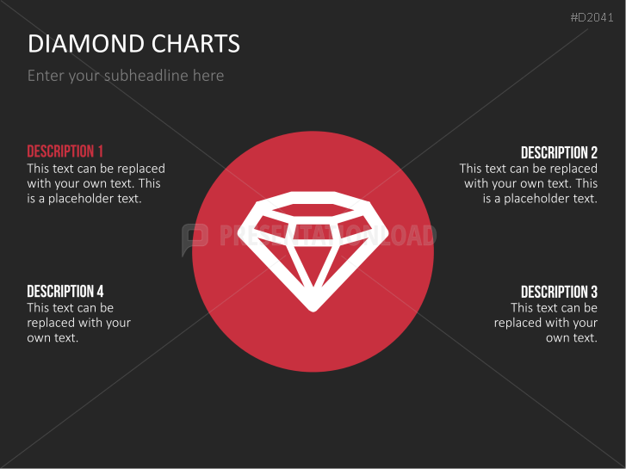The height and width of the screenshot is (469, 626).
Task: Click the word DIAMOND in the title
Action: [86, 43]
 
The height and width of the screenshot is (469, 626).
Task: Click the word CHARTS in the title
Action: [195, 43]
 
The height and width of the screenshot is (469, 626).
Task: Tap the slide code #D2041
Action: [592, 17]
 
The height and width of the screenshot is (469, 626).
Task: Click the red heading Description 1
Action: [65, 151]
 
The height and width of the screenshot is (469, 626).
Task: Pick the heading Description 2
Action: [559, 152]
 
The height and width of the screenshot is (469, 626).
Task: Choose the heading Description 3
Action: [559, 292]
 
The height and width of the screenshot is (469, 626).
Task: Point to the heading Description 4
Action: [65, 291]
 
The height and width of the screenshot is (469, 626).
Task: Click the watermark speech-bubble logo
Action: [195, 238]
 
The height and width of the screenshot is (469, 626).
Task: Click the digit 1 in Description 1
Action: [101, 151]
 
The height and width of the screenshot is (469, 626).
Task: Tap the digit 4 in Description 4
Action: [100, 291]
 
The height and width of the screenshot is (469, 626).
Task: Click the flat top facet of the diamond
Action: [313, 210]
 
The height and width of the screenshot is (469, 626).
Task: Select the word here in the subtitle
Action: [208, 76]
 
